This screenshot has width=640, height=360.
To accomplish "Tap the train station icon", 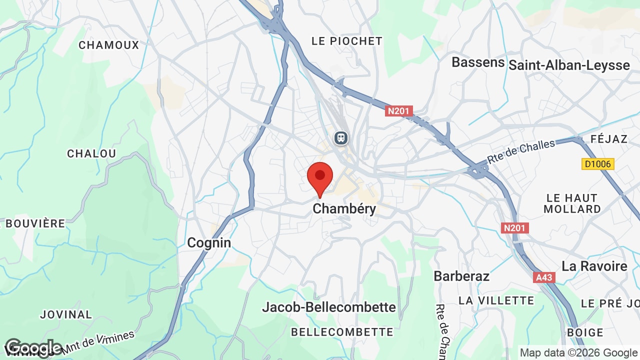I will pos(341,137).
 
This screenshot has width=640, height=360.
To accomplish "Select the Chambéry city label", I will pos(344,208).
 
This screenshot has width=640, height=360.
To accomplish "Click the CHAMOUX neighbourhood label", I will pos(109,45).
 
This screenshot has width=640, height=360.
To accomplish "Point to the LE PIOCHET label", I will pos(347,41).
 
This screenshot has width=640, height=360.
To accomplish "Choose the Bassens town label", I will pos(478,62).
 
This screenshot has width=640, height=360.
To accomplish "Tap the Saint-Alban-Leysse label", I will pos(569,65).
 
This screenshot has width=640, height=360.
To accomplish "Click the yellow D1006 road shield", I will pos(598,163).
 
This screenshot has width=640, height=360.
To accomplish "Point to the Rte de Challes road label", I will pos(521,150).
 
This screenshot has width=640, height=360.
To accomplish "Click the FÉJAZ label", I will pos(608,138).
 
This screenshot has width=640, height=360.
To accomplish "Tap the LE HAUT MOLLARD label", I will pos(572,203).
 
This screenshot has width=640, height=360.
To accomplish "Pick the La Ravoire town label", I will pos(594,266).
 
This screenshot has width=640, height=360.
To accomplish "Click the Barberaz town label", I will pos(461,276).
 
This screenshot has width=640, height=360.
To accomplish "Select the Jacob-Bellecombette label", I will pos(329,307).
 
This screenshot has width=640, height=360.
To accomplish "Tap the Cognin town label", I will pos(209,243).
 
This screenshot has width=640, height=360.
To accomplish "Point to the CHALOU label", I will pos(91,153).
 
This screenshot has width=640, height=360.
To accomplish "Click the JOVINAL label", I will pos(66,314).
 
